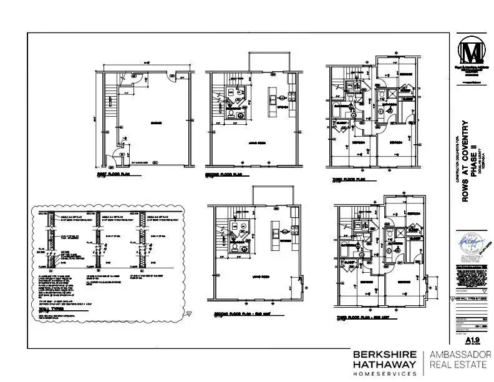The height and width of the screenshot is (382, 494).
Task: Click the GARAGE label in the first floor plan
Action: point(155,123)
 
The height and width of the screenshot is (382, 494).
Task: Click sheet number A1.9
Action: point(471,341)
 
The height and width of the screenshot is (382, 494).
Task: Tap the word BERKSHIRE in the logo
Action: point(384,353)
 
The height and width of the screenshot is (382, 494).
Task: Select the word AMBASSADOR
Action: point(460,354)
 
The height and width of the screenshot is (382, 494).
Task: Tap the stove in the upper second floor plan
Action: point(291,97)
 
